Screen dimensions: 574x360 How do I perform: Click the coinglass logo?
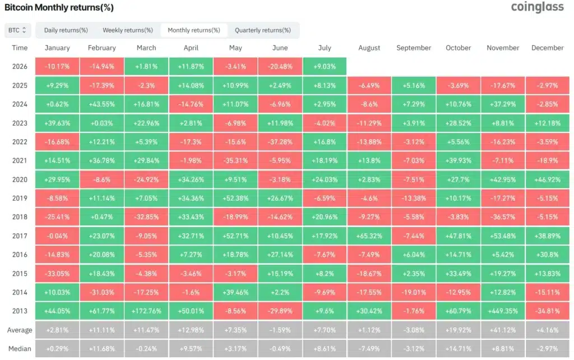tap(537, 7)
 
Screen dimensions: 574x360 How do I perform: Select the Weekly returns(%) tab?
tap(128, 30)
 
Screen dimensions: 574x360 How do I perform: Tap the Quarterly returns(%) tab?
tap(263, 30)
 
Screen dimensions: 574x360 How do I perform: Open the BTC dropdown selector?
tap(17, 30)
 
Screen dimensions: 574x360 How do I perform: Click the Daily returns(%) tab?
tap(66, 30)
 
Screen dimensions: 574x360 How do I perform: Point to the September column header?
tap(414, 48)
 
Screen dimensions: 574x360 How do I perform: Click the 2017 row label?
tap(20, 236)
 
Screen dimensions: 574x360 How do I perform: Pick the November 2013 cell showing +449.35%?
tap(503, 311)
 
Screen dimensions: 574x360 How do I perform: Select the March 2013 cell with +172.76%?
tap(146, 311)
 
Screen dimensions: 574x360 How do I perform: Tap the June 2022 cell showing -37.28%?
tap(280, 142)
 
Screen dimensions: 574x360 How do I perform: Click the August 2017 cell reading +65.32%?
tap(369, 236)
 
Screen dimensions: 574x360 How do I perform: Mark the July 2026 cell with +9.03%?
tap(325, 67)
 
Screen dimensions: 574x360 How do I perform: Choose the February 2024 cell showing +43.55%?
tap(102, 104)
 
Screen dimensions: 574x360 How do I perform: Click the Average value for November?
tap(503, 330)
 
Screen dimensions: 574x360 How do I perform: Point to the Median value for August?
tap(369, 349)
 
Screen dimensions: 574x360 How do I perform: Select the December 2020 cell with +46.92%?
tap(548, 179)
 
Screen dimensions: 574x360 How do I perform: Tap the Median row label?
tap(20, 349)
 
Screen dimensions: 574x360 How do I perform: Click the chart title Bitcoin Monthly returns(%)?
tap(59, 7)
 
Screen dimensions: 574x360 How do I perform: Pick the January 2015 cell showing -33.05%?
tap(57, 274)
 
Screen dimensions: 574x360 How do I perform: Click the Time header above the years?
tap(20, 48)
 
